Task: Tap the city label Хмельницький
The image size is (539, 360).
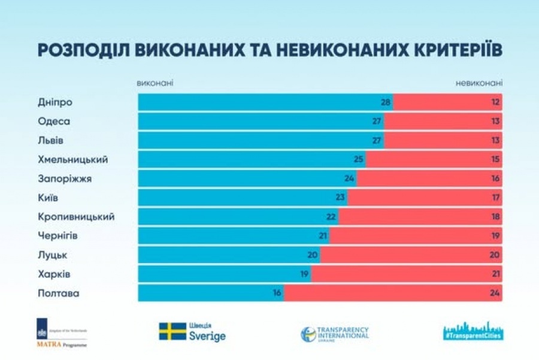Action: point(72,159)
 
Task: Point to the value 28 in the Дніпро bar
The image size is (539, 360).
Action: point(385,102)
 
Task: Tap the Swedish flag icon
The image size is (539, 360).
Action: point(172,331)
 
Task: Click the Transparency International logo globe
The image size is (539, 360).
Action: point(308,334)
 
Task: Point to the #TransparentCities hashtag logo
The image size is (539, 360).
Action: point(473,333)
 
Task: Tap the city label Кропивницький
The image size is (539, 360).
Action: point(75,217)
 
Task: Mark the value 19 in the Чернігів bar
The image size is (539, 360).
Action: point(495,236)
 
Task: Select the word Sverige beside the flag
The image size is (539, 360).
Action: point(207,336)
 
